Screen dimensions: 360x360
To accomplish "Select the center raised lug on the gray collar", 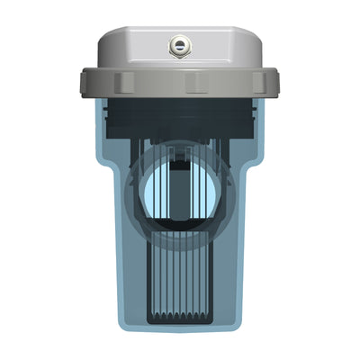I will click(195, 83).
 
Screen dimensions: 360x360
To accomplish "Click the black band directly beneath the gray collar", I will click(180, 110).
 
